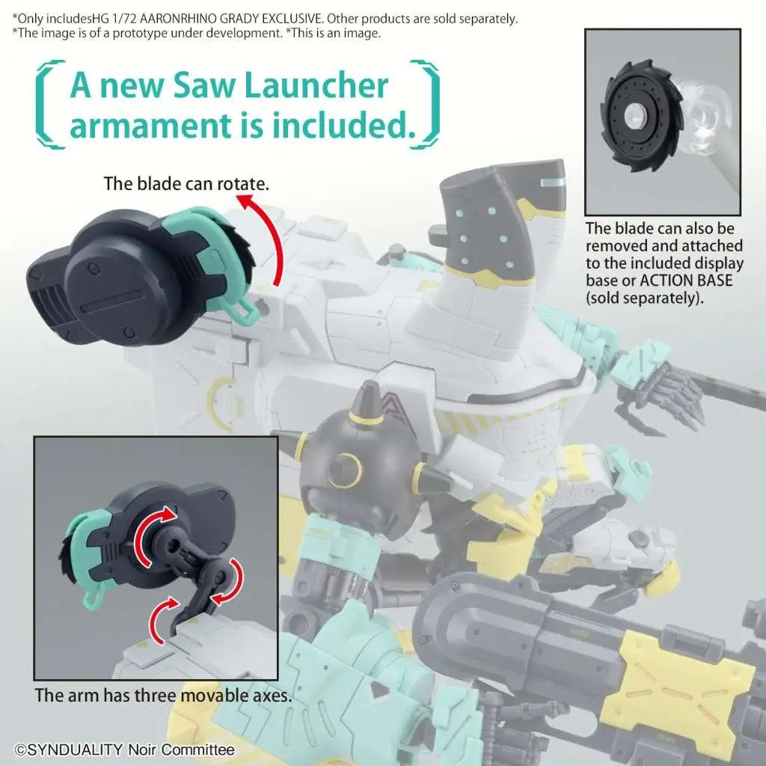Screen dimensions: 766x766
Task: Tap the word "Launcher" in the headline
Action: click(x=316, y=85)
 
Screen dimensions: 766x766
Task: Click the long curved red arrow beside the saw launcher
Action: click(x=266, y=236)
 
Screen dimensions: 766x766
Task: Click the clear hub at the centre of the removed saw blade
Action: click(x=636, y=115)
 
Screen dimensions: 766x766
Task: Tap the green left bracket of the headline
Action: click(x=49, y=104)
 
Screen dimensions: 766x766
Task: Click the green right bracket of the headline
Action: click(x=424, y=104)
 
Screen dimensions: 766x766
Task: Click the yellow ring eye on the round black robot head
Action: click(x=346, y=468)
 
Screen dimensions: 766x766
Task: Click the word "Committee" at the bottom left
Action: click(x=197, y=750)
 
